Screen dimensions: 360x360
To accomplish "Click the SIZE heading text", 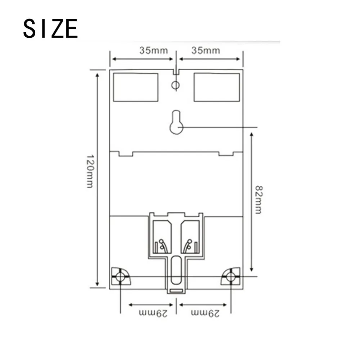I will (x=50, y=28).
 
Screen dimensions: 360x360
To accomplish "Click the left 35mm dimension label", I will (x=154, y=50).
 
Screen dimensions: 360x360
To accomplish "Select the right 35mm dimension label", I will (x=205, y=50).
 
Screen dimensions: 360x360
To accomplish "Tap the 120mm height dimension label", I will (x=90, y=171).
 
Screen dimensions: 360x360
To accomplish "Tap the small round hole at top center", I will (x=176, y=85).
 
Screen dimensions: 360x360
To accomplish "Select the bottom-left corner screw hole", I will (x=120, y=276).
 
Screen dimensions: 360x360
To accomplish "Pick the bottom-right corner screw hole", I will (x=230, y=276).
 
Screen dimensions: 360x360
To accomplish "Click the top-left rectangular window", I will (x=135, y=87).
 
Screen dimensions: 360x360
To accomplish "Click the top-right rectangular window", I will (x=217, y=87).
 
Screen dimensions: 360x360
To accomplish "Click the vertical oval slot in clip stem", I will (x=176, y=270).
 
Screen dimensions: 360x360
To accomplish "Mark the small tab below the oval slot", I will (x=176, y=291).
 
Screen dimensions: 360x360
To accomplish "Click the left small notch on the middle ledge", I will (x=126, y=154).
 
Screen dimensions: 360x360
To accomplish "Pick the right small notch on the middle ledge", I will (x=226, y=154).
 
